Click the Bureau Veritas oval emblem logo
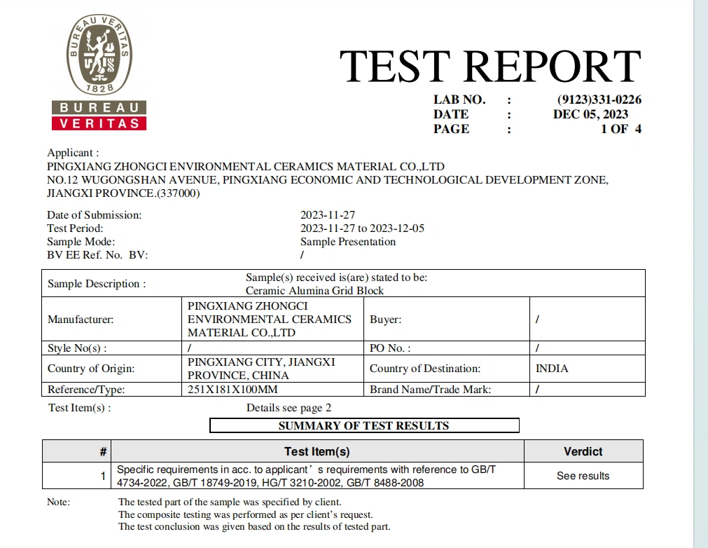coord(99,55)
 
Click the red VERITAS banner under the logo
coord(99,123)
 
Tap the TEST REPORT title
coord(490,67)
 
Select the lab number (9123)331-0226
coord(599,100)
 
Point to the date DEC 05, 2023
coord(590,114)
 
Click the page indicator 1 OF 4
coord(620,129)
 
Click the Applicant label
coord(73,153)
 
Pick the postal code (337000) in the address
coord(175,193)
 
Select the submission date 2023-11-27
coord(328,215)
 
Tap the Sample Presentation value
coord(348,242)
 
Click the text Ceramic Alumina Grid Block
coord(314,290)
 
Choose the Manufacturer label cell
coord(81,320)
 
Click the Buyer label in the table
coord(385,320)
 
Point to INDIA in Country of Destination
coord(551,369)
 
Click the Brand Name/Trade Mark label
coord(430,390)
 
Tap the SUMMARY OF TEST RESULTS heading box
coord(364,425)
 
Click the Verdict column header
coord(583,452)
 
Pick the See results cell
coord(583,476)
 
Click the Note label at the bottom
coord(59,502)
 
